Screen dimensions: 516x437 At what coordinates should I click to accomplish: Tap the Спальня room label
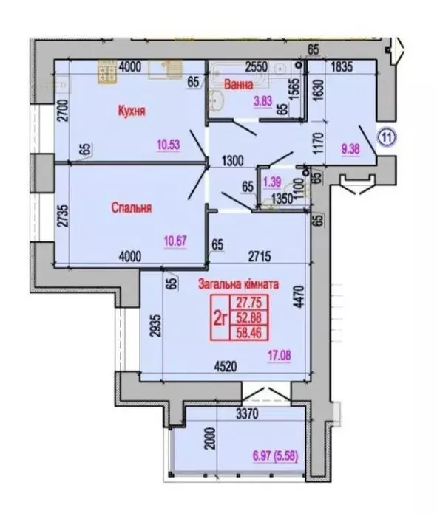[132, 208]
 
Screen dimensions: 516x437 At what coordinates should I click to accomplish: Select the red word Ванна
[248, 84]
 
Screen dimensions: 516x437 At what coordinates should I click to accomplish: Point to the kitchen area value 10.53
[169, 144]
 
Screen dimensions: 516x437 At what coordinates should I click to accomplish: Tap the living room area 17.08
[280, 356]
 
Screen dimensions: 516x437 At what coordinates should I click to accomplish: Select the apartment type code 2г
[219, 317]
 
